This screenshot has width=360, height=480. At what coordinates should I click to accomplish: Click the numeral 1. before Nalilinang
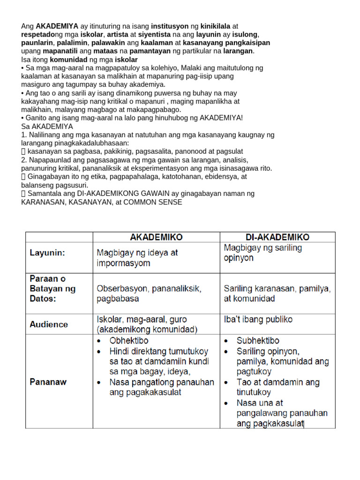click(24, 135)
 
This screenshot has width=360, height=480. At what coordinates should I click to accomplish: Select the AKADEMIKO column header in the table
click(156, 237)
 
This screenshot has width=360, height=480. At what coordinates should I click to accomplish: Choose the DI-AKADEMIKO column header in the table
click(277, 237)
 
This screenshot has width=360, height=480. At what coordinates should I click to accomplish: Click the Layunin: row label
click(47, 253)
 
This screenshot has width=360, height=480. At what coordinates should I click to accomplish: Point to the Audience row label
click(49, 324)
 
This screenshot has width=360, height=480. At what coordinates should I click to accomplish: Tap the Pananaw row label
click(48, 382)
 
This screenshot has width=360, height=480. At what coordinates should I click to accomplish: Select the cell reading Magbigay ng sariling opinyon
click(263, 253)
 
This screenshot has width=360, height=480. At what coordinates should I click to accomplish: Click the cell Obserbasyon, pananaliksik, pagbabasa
click(149, 294)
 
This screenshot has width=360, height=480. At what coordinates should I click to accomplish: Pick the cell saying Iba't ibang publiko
click(258, 320)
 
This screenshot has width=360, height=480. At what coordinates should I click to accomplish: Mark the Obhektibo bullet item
click(128, 341)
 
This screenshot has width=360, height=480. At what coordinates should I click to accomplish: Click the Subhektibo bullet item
click(258, 341)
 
